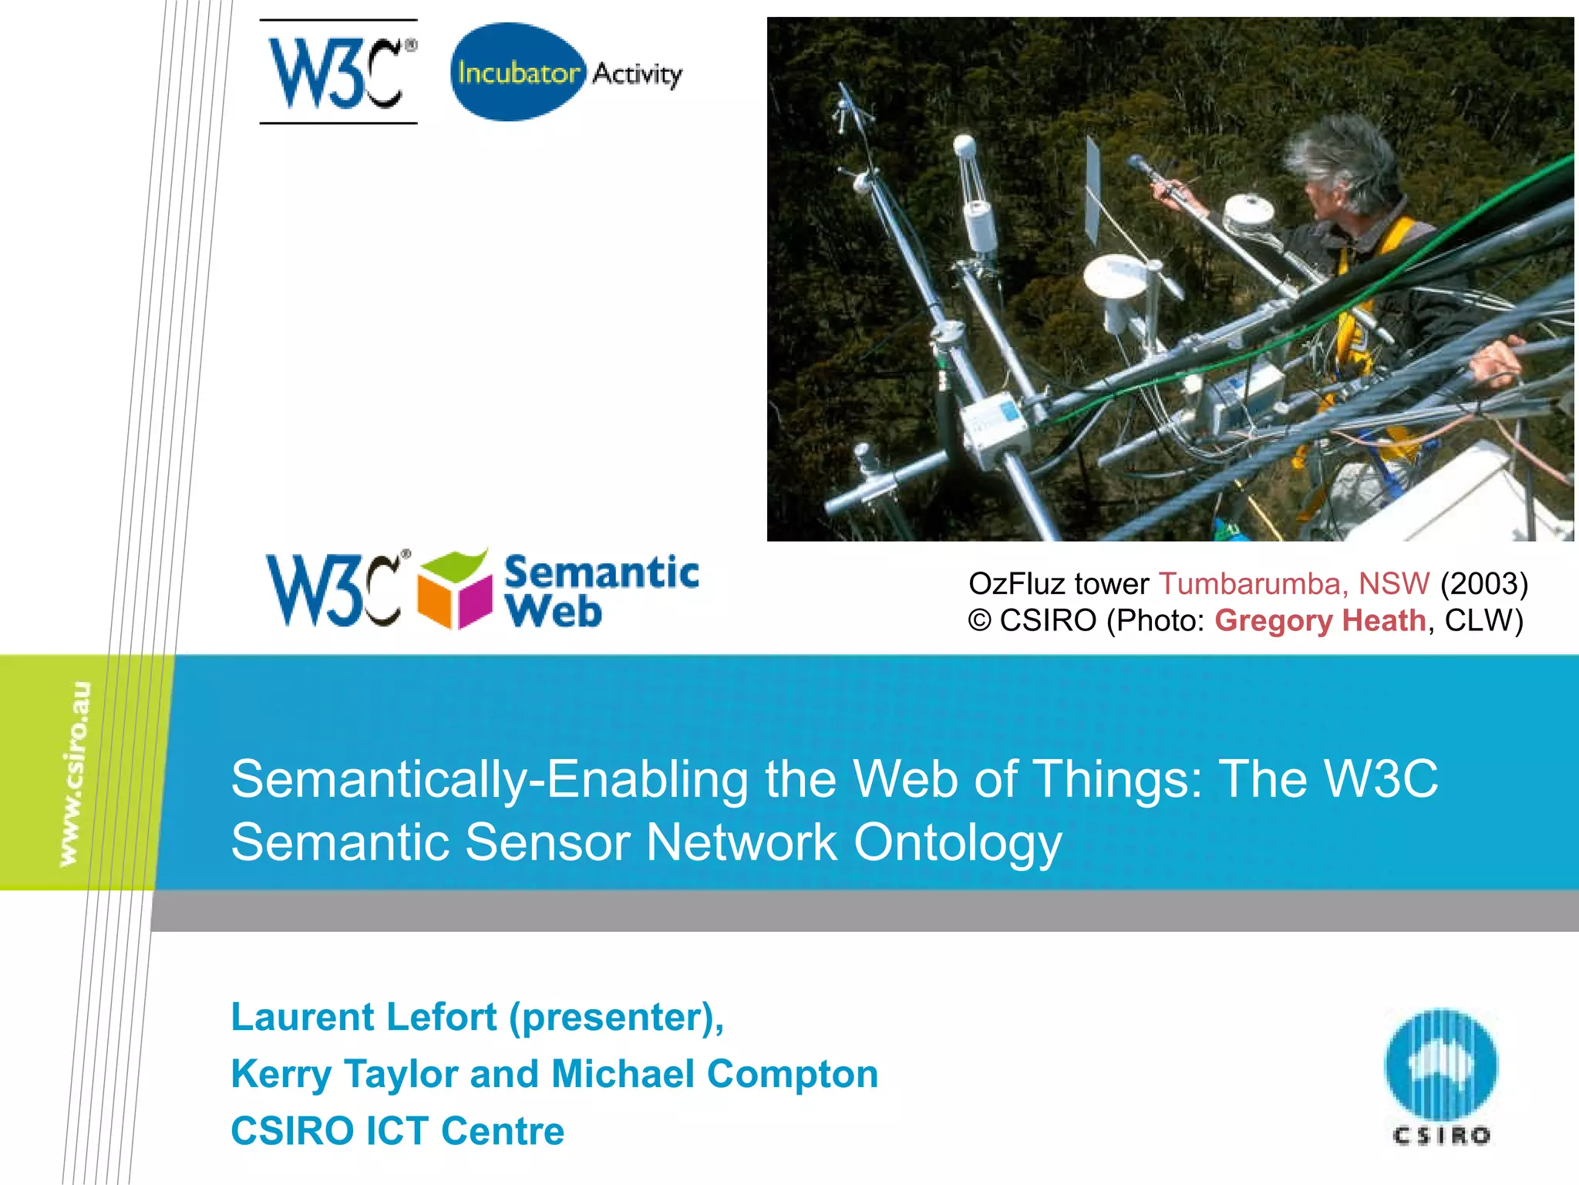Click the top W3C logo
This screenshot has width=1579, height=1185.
coord(338,73)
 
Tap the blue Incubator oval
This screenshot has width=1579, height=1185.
coord(517,72)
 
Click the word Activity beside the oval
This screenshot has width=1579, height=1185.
coord(637,74)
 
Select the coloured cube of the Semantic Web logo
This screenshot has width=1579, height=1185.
coord(455,590)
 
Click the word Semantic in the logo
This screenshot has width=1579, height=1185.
coord(601,572)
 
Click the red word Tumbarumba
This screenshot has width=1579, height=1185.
coord(1253,584)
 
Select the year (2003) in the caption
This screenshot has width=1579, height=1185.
coord(1483,584)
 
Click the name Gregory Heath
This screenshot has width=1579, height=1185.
coord(1320,621)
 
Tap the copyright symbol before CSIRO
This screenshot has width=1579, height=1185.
coord(979,621)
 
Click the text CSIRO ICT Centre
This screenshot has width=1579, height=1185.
coord(397,1131)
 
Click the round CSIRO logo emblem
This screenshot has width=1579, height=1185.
coord(1440,1065)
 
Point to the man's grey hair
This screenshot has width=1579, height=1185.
coord(1342,154)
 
